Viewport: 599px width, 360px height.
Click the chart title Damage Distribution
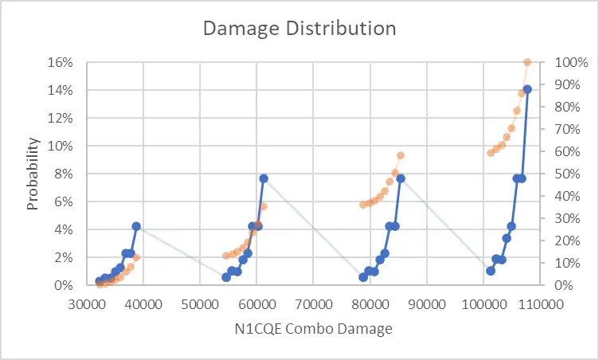(299, 28)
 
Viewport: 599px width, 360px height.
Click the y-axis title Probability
(33, 174)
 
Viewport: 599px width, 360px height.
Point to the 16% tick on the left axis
(61, 62)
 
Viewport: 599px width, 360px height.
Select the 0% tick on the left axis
(64, 285)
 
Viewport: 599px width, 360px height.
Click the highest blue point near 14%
(527, 89)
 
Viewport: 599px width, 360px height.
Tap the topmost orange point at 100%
(527, 62)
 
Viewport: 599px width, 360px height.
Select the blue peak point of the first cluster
(136, 226)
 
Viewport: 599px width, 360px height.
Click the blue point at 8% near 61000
(264, 178)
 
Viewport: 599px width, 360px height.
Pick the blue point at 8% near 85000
(401, 178)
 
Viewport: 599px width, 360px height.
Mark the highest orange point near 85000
(401, 155)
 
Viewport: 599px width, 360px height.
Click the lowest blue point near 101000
(491, 271)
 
